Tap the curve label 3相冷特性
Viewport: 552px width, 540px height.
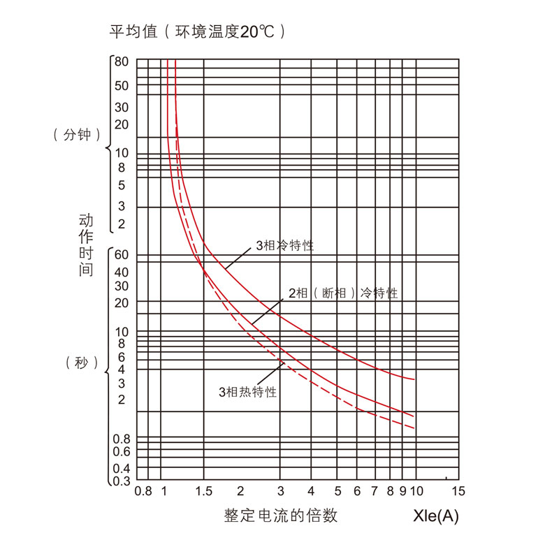click(284, 246)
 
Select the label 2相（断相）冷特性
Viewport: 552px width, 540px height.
click(343, 293)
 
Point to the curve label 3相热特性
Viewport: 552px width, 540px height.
click(248, 392)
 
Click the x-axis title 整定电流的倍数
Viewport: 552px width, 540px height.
click(281, 516)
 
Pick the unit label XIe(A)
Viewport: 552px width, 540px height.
click(436, 516)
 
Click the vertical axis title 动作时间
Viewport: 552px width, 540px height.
click(86, 245)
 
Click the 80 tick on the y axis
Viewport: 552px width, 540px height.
click(122, 61)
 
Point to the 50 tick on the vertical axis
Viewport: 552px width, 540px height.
click(122, 86)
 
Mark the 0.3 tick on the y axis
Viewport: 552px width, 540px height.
click(122, 481)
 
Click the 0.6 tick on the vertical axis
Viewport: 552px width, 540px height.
click(122, 451)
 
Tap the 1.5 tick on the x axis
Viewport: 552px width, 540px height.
click(204, 491)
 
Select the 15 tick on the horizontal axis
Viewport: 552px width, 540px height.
click(458, 491)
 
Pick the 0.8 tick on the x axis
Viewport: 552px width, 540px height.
click(143, 491)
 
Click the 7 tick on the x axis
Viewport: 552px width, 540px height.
click(375, 491)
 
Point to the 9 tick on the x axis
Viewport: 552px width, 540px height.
click(403, 491)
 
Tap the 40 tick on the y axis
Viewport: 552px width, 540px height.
click(122, 272)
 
